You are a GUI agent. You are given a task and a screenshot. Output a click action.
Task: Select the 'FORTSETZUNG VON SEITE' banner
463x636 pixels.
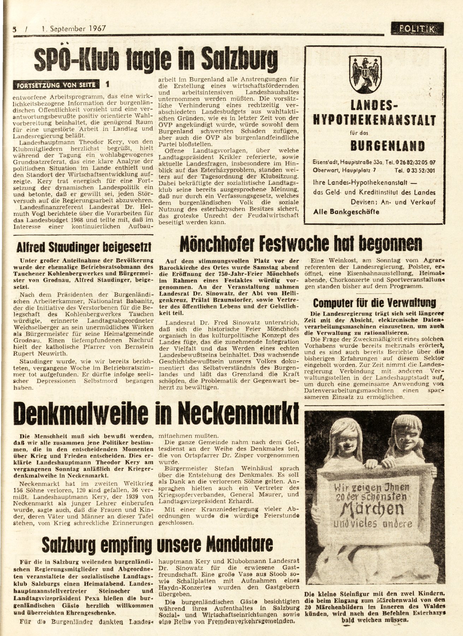(x=57, y=85)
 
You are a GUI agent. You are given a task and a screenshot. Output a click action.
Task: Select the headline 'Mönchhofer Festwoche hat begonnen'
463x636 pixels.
(x=301, y=243)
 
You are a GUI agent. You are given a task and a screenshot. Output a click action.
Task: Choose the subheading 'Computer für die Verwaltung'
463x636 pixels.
(x=374, y=303)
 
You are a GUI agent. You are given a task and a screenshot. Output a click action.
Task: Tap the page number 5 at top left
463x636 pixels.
(x=14, y=29)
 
